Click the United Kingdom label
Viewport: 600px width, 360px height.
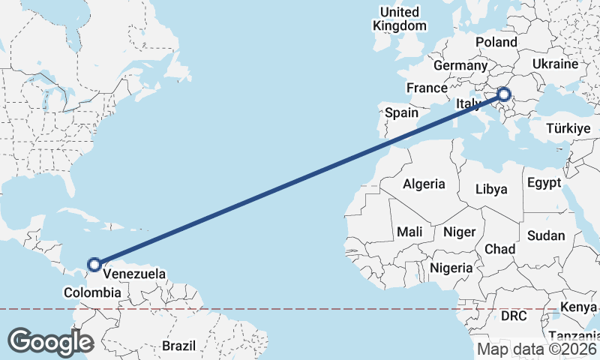point(400,19)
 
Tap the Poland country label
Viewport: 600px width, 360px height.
point(496,42)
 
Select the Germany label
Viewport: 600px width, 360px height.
point(460,66)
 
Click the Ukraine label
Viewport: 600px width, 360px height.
point(554,64)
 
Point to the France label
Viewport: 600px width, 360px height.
point(427,88)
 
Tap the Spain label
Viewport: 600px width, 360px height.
point(401,112)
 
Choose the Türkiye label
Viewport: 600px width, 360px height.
point(568,128)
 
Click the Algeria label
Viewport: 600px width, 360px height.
point(424,184)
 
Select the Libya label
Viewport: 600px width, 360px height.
point(492,189)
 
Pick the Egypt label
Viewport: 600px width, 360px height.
point(544,183)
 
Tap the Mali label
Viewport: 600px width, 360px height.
point(410,232)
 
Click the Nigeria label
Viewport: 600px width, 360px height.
point(451,267)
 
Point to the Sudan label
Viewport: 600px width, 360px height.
point(546,235)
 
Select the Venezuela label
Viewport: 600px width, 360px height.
point(134,274)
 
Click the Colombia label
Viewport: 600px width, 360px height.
point(92,292)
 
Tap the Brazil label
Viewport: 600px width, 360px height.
point(178,346)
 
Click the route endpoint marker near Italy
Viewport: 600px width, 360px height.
point(503,94)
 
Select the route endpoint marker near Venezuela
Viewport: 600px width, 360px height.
point(94,264)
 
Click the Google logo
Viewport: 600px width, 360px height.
point(50,341)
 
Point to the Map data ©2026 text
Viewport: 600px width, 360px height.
point(537,349)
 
